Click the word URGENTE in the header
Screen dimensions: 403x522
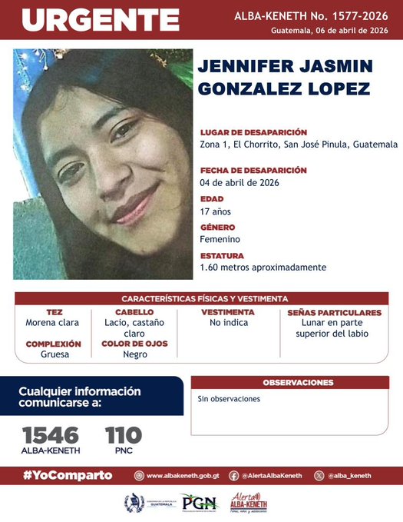click(100, 20)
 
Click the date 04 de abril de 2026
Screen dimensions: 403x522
click(239, 182)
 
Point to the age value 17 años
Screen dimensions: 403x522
click(215, 211)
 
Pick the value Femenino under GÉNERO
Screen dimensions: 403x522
click(220, 239)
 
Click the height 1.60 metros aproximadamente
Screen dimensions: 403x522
click(263, 267)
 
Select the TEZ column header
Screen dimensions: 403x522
click(54, 313)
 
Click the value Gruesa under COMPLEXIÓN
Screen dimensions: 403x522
click(54, 354)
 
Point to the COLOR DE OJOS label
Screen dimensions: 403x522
click(134, 344)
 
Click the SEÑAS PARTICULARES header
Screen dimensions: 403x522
click(334, 313)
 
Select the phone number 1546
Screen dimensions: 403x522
click(50, 434)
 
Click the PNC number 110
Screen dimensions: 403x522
click(123, 434)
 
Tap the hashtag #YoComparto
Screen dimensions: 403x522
click(68, 475)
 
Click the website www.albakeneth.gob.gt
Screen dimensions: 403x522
click(182, 476)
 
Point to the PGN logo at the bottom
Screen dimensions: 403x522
click(199, 503)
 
